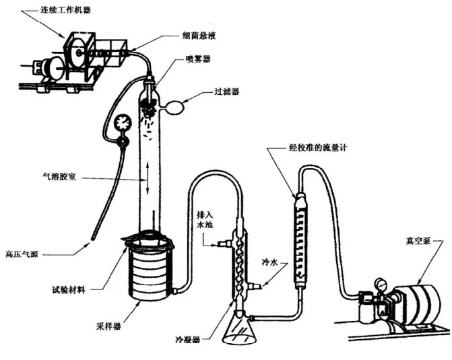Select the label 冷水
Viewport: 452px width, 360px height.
(270, 257)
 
